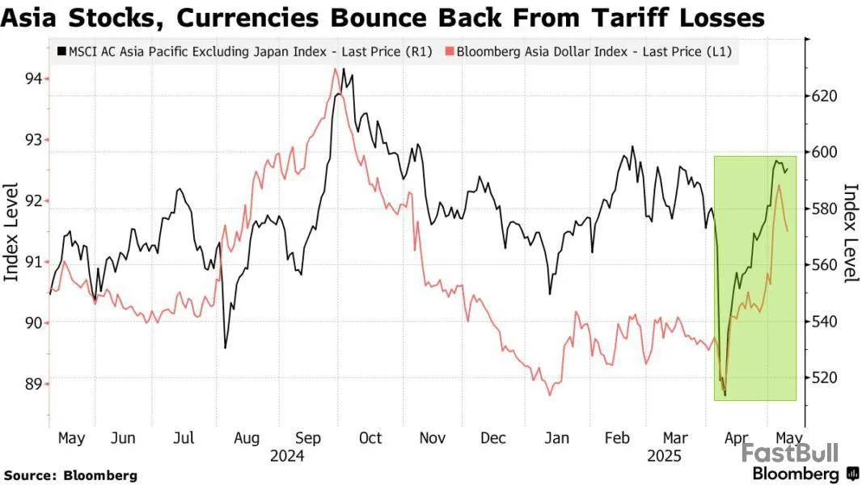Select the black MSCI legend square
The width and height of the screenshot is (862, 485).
[x=61, y=52]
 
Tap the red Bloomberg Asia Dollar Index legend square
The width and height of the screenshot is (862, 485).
[x=449, y=52]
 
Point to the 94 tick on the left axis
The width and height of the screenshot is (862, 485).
[x=33, y=78]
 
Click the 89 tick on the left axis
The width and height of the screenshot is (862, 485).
[x=33, y=383]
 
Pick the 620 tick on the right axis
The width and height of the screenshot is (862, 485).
[x=828, y=96]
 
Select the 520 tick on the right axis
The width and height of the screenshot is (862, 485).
[x=828, y=377]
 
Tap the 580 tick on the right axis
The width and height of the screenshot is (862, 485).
[x=828, y=209]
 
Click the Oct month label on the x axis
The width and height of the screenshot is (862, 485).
[x=370, y=438]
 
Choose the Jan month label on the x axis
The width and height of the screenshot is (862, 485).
[x=557, y=438]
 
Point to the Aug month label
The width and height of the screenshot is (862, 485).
[x=246, y=438]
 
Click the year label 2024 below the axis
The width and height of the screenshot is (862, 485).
[x=286, y=456]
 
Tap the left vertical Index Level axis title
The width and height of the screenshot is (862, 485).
[x=11, y=232]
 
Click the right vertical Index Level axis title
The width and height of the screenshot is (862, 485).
[x=851, y=233]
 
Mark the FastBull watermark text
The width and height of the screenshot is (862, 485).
[x=790, y=453]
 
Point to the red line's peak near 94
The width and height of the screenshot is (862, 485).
[x=335, y=70]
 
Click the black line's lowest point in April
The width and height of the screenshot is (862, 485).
[x=725, y=395]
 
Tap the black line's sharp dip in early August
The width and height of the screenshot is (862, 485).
[x=225, y=348]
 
